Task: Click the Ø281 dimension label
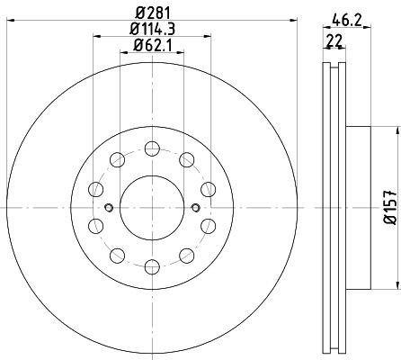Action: [x=153, y=13]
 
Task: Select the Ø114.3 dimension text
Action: [x=152, y=30]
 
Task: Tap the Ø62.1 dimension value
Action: [x=152, y=46]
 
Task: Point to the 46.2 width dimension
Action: [x=347, y=21]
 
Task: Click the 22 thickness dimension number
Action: [x=334, y=40]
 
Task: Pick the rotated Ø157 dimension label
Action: [x=391, y=207]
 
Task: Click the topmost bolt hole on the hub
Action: [x=152, y=148]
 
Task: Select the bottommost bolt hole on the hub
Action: [x=152, y=266]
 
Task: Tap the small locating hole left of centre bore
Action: [x=109, y=207]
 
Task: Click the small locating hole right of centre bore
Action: [x=195, y=207]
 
